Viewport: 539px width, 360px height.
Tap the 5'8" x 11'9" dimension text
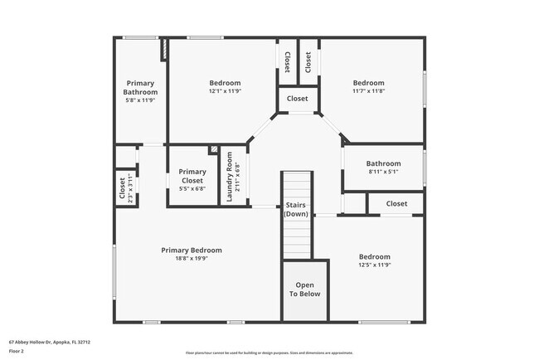tap(140, 100)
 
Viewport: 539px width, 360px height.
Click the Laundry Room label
tap(230, 176)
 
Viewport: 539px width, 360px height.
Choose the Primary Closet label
tap(192, 176)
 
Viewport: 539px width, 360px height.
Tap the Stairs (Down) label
tap(296, 209)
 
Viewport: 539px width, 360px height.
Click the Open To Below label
tap(303, 289)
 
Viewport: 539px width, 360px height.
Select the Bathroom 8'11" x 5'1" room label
tap(383, 163)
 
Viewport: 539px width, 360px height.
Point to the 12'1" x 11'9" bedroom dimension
tap(225, 91)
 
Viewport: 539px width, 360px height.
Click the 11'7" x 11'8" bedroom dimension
tap(368, 91)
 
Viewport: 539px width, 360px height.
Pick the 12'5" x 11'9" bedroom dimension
tap(374, 265)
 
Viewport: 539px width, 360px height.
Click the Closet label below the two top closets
tap(297, 99)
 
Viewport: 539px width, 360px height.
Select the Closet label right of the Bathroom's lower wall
tap(396, 203)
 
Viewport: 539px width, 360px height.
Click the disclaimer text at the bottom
tap(269, 353)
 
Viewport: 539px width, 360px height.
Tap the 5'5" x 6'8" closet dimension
tap(192, 188)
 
